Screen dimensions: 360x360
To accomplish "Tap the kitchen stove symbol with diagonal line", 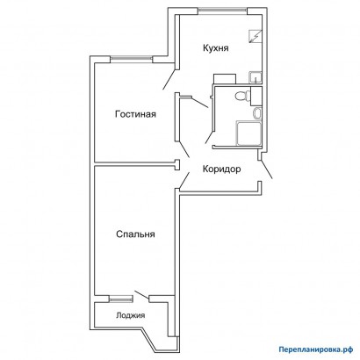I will (x=254, y=37).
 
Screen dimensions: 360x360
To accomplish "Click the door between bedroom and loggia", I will (x=140, y=297).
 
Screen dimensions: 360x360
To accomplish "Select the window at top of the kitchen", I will (x=222, y=10).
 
